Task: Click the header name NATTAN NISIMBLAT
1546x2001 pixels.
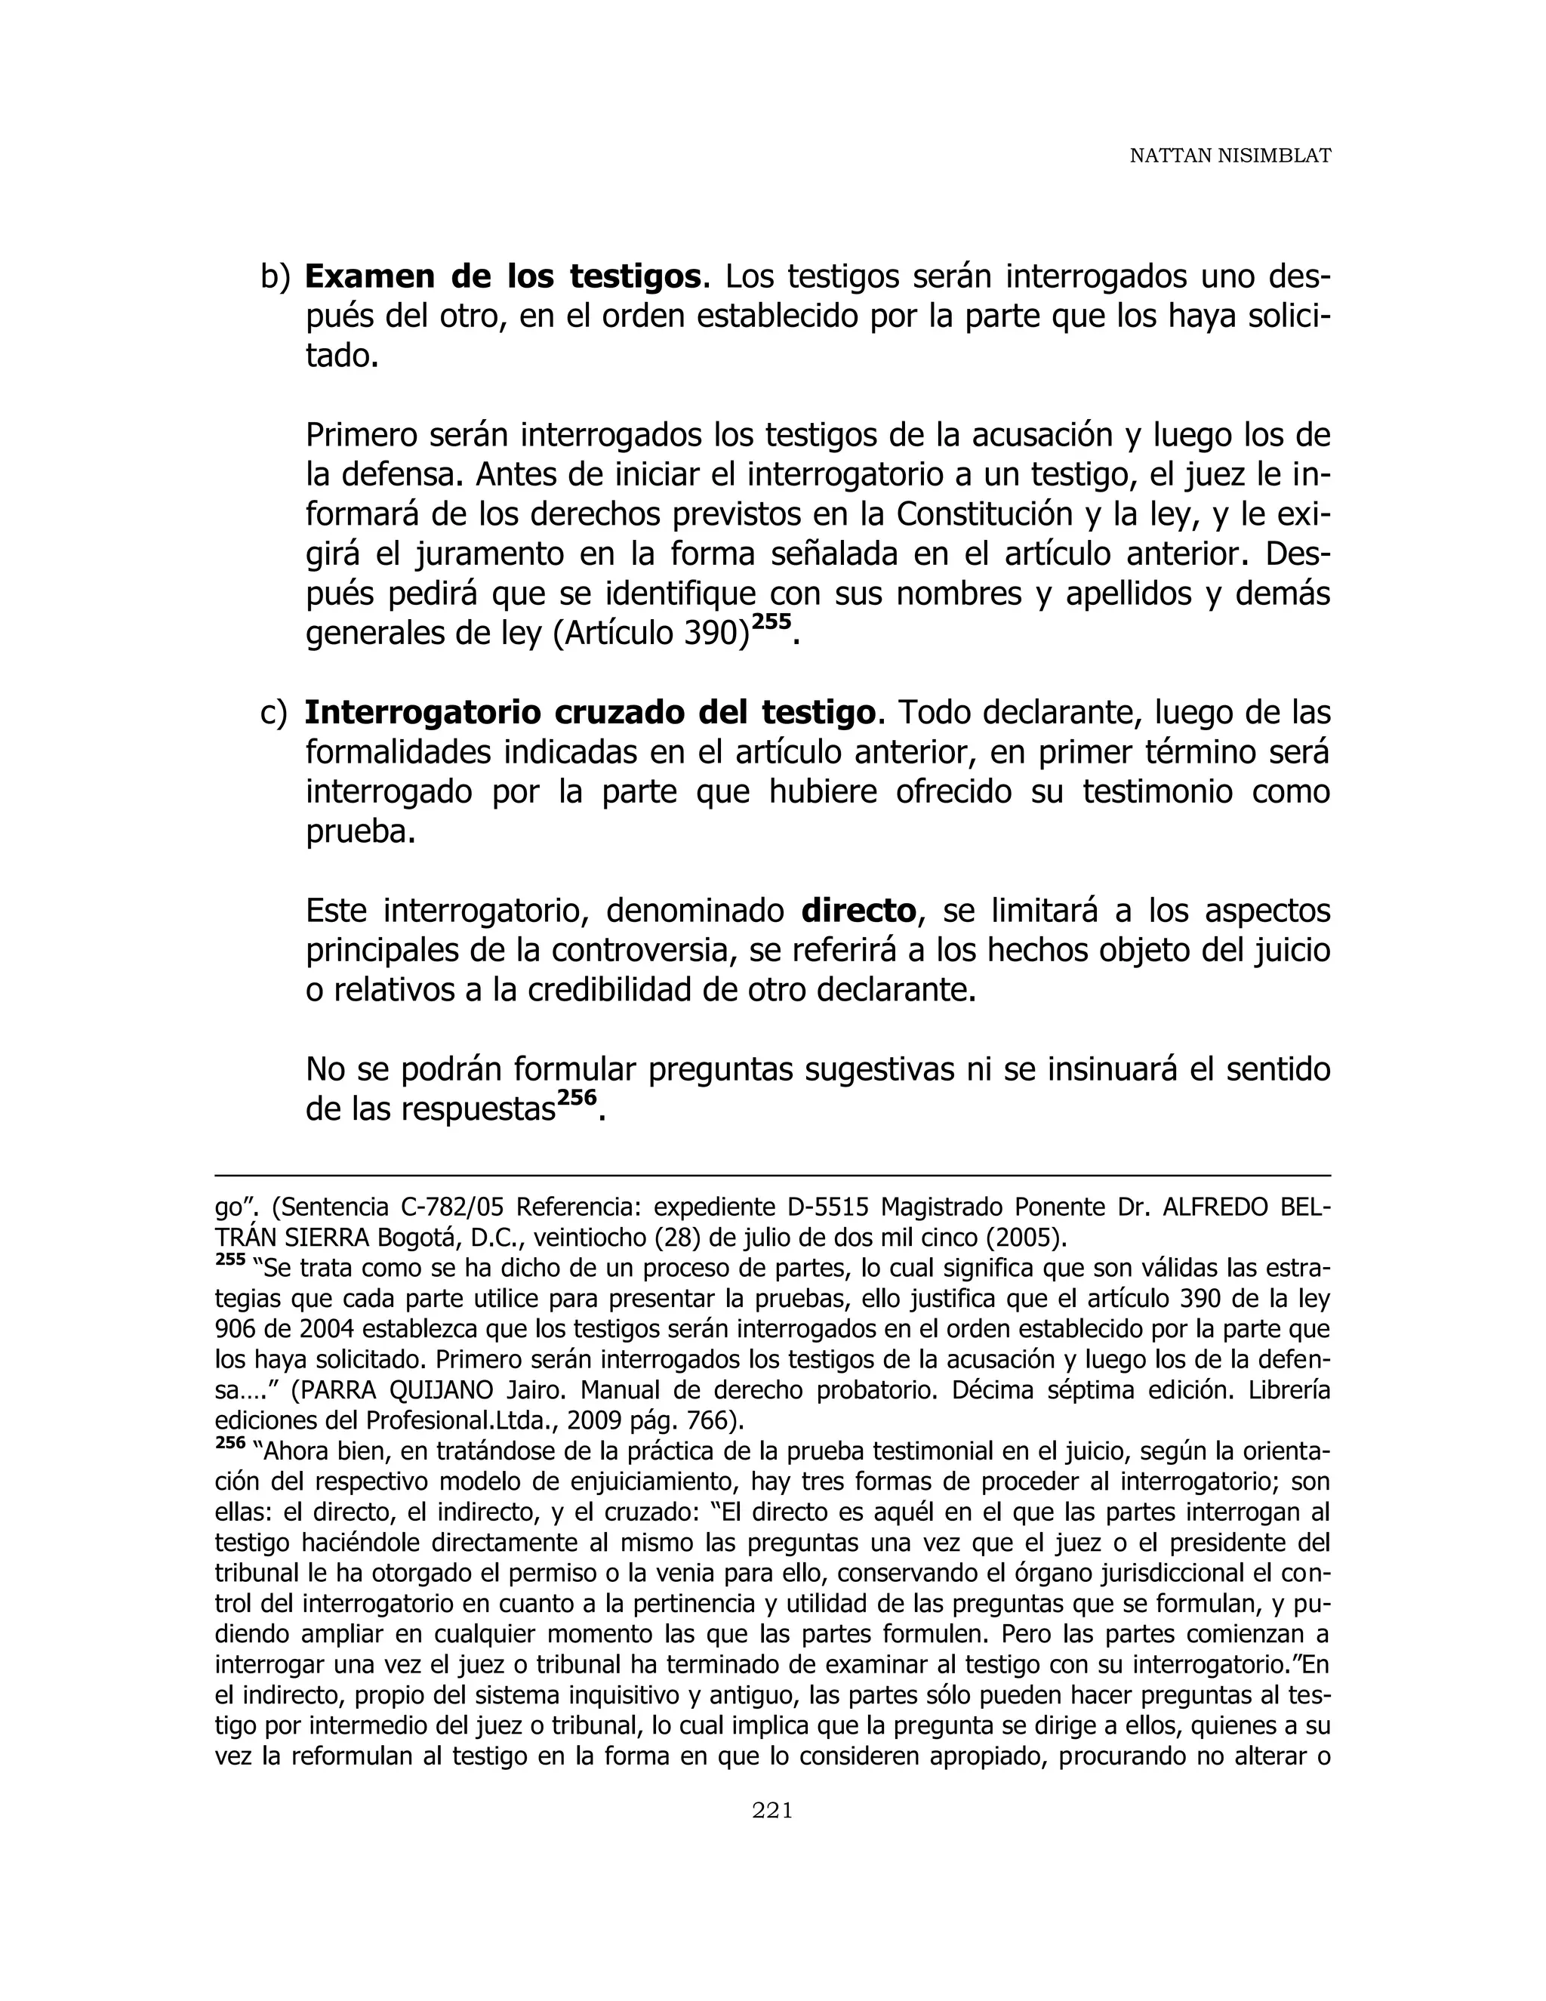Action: tap(1229, 156)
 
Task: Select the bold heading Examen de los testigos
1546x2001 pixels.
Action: tap(504, 276)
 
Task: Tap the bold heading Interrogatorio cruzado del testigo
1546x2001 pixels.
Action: tap(590, 712)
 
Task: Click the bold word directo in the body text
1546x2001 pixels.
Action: tap(858, 911)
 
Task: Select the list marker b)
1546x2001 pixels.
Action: tap(275, 276)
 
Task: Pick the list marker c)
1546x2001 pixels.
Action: tap(273, 713)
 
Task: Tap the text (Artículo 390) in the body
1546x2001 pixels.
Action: tap(651, 634)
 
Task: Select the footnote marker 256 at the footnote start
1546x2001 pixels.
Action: tap(230, 1443)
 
